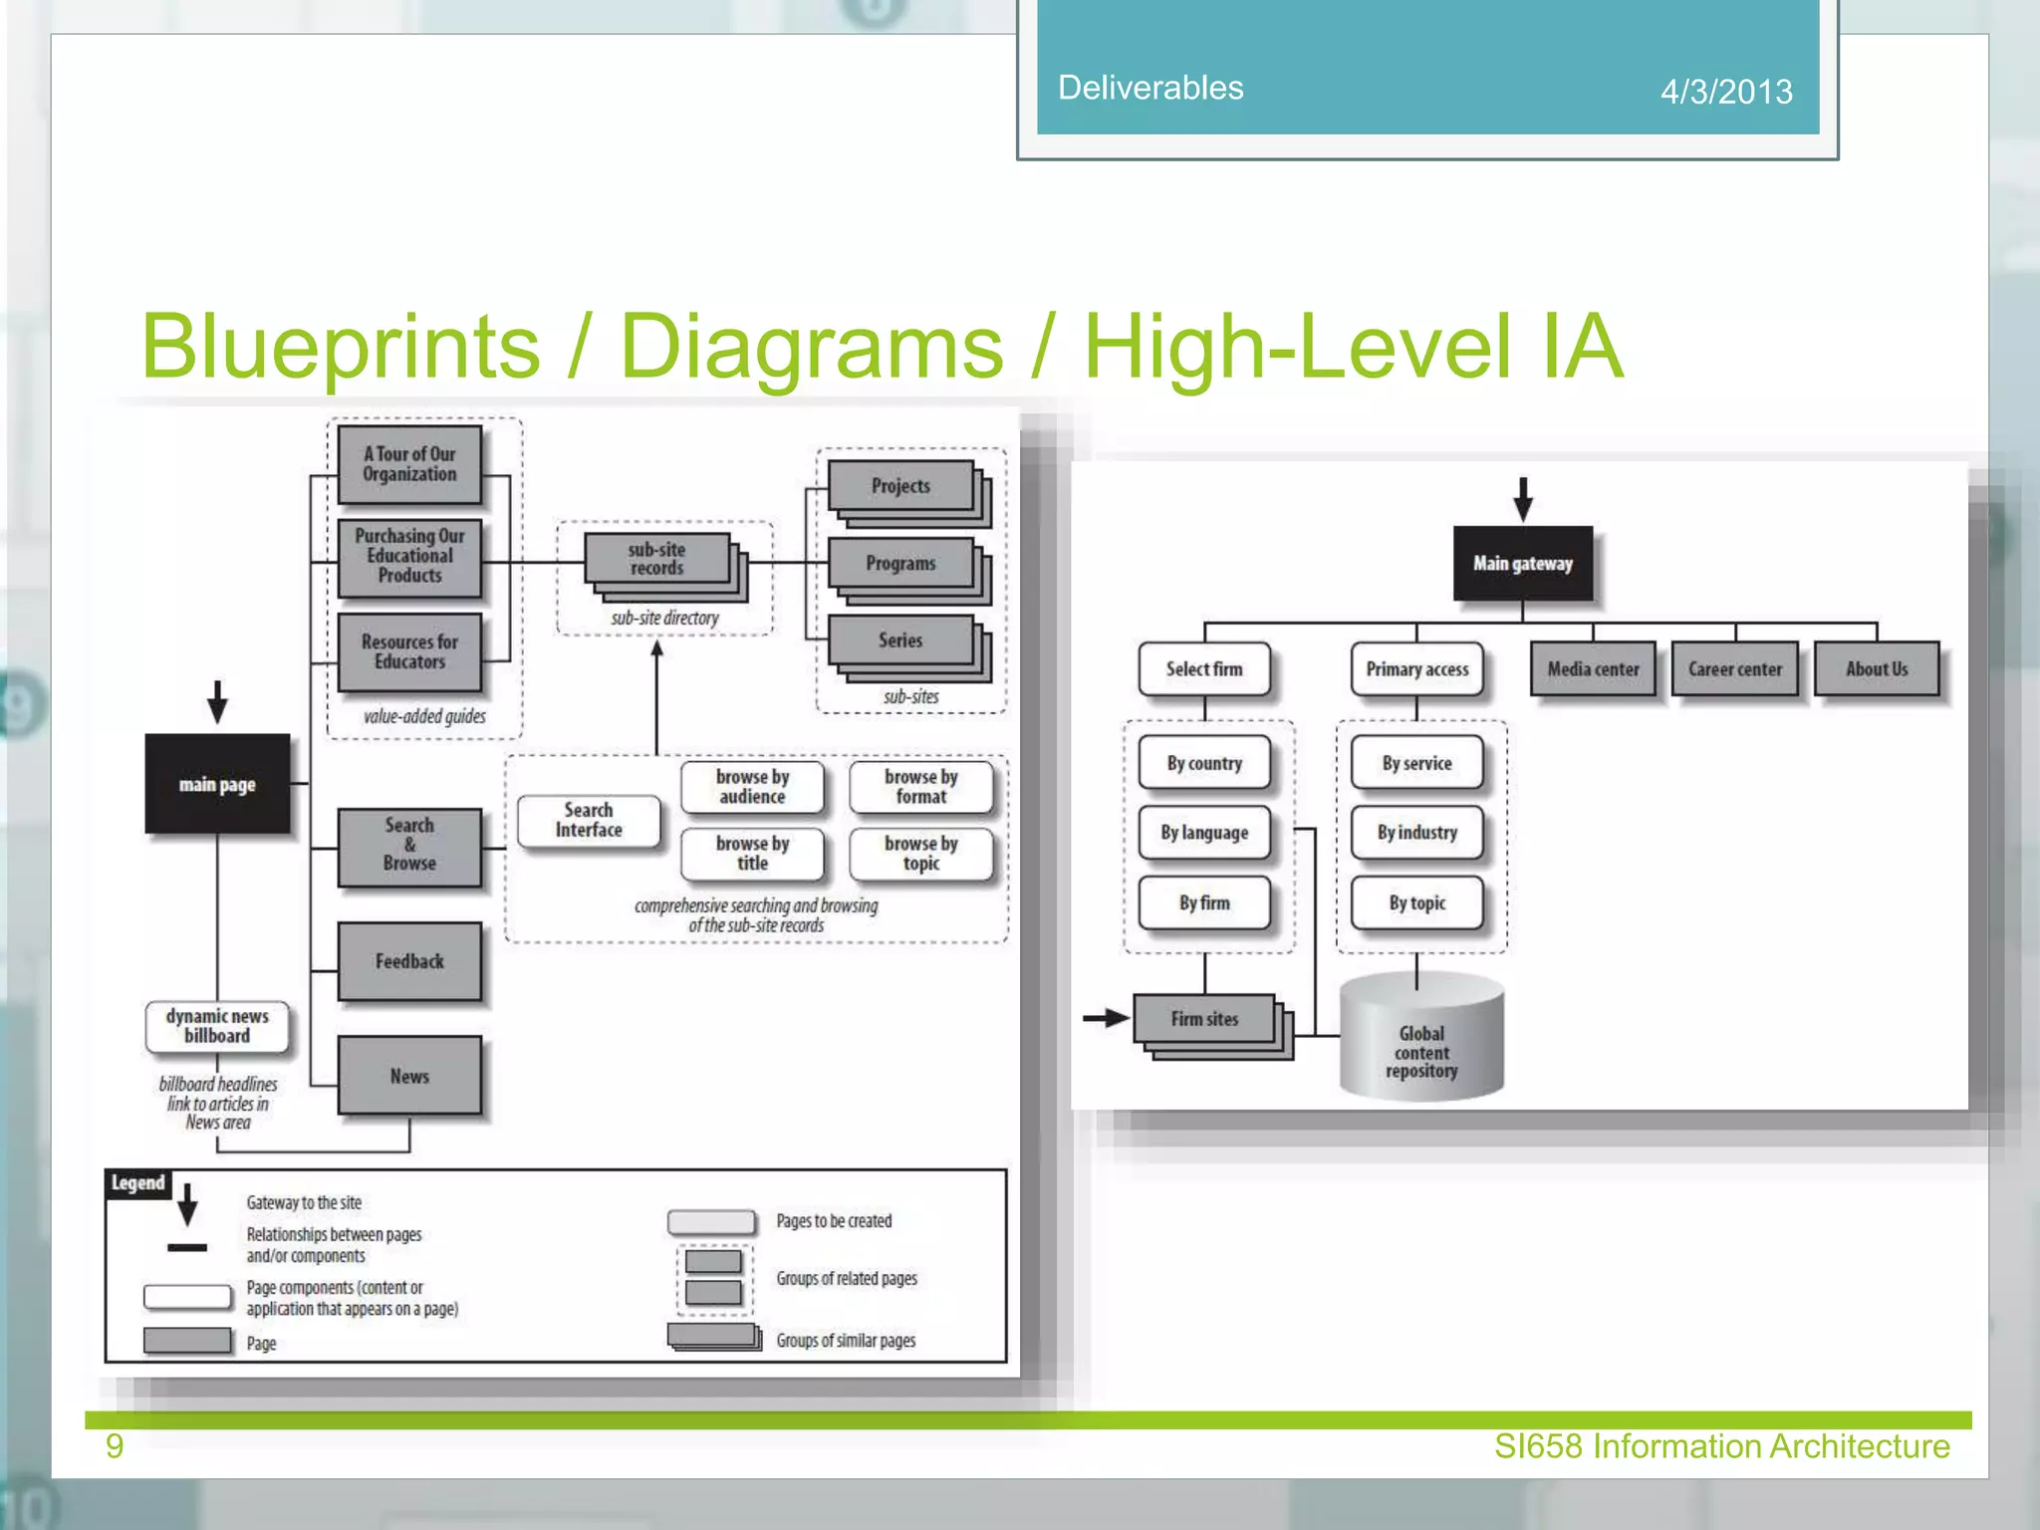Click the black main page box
217,784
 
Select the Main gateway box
1522,563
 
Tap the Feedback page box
409,961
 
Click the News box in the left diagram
409,1076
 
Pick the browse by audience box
752,787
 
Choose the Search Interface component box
589,820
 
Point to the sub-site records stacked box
657,560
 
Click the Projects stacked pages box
900,486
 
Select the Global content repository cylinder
1421,1041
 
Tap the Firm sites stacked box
1204,1019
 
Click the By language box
1204,833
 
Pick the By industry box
1416,833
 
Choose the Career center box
1734,669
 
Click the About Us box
1877,669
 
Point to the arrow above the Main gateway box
1522,499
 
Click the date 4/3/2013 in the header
1726,92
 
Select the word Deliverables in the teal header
1150,88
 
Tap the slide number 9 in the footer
115,1445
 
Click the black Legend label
137,1182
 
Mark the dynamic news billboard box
217,1026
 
